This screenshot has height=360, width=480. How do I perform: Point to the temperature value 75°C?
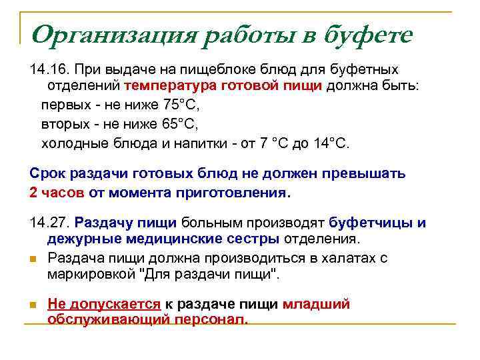(181, 105)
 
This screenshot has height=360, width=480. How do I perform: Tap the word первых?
(63, 105)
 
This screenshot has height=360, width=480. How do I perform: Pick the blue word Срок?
(47, 174)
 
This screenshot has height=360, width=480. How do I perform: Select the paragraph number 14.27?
(49, 223)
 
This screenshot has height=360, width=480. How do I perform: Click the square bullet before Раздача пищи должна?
(34, 259)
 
